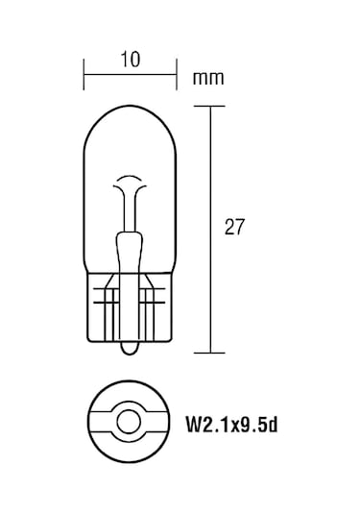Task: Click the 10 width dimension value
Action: [131, 59]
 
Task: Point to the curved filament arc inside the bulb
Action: [131, 183]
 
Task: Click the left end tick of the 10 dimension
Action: [85, 70]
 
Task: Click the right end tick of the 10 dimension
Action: [177, 70]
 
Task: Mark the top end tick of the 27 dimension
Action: [210, 107]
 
